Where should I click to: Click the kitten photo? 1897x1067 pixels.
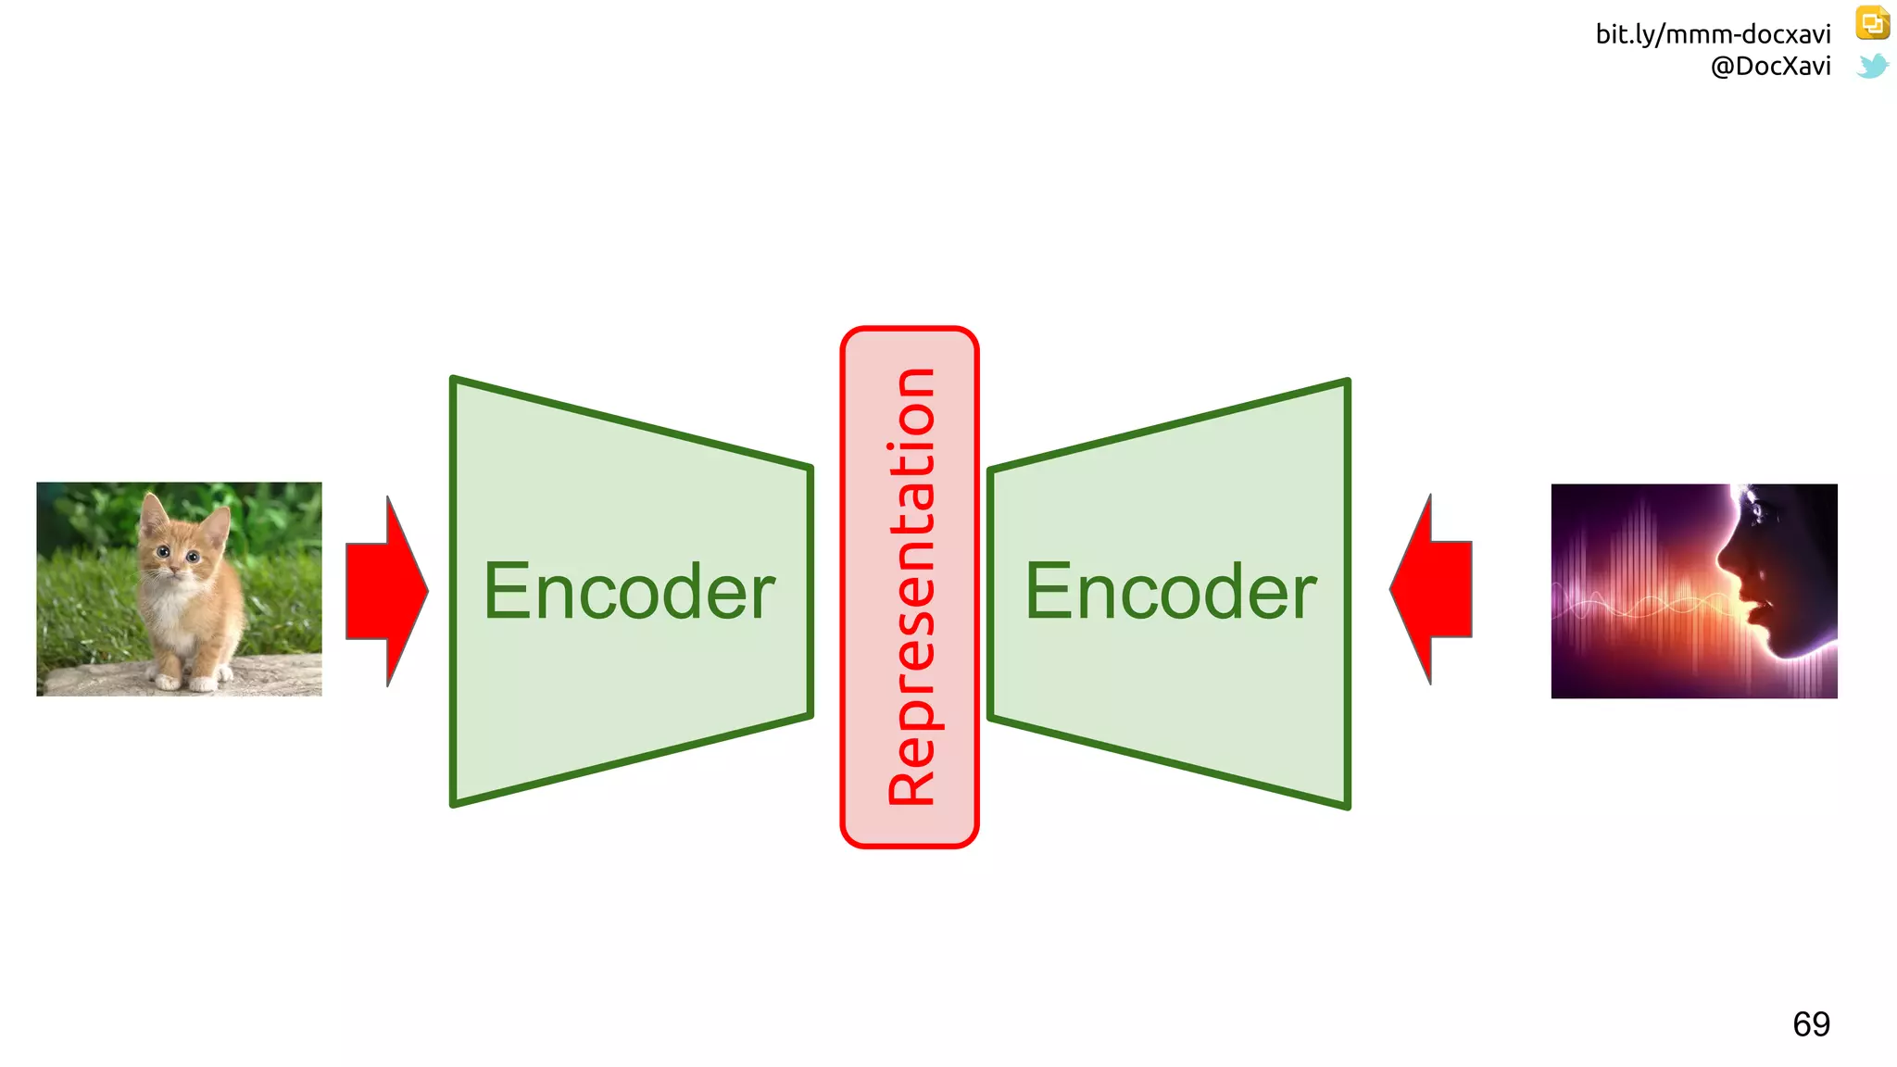179,588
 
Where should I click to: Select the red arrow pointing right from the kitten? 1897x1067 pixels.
385,591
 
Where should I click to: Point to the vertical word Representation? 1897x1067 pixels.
911,587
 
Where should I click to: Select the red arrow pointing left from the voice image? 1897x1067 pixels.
1432,590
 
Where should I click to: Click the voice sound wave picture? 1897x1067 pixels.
1693,591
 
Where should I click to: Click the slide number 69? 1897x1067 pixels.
1811,1024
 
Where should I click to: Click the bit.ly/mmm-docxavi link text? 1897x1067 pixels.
1713,34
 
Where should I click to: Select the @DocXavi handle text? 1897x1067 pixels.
1770,67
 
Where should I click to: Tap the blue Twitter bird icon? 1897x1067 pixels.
1872,66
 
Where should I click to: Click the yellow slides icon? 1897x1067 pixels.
1872,23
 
